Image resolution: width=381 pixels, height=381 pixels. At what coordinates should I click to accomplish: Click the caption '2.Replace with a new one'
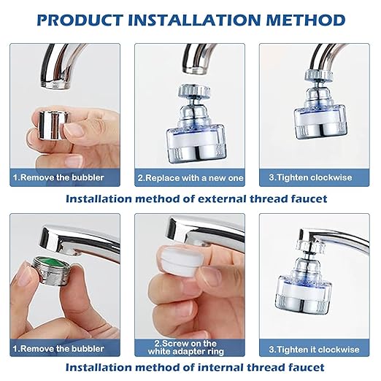coord(190,177)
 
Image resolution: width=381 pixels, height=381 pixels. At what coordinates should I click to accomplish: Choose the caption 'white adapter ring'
coord(189,350)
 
